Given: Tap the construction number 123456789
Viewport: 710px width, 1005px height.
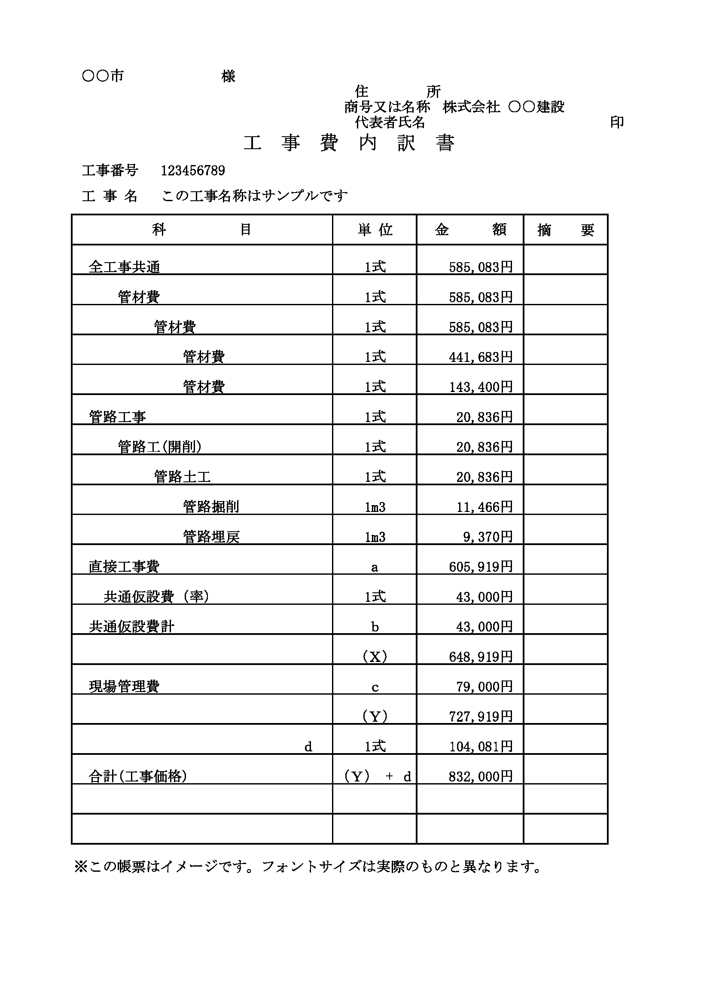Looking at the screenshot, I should click(x=193, y=171).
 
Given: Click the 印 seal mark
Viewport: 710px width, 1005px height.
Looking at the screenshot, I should click(x=617, y=123).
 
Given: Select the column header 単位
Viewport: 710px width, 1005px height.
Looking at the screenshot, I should click(x=375, y=230).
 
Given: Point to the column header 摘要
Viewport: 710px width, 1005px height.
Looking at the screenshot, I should click(x=565, y=230).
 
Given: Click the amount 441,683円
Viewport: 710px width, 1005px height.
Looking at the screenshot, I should click(x=480, y=357).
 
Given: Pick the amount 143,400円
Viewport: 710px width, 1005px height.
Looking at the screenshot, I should click(x=480, y=387).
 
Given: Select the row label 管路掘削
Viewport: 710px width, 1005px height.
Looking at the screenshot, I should click(x=211, y=507).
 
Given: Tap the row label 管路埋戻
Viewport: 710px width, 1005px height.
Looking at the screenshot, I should click(x=211, y=536).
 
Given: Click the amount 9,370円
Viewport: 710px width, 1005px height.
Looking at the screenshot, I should click(x=488, y=536).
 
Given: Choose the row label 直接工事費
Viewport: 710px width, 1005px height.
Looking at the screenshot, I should click(x=124, y=567).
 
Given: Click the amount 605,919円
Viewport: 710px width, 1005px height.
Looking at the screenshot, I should click(x=480, y=567).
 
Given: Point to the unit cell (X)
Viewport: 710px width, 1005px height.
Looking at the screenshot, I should click(x=375, y=656).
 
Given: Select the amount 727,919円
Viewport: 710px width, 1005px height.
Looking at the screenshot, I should click(x=480, y=717).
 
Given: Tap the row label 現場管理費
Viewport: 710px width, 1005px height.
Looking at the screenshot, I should click(x=124, y=687).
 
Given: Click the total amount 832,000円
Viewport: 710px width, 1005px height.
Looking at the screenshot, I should click(x=480, y=776).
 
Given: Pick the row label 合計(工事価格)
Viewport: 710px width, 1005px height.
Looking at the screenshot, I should click(x=138, y=776).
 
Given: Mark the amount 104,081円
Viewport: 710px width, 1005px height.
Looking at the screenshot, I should click(x=480, y=746).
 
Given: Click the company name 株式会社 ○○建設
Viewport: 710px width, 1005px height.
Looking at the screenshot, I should click(x=503, y=107).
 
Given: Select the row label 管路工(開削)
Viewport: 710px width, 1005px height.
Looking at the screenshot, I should click(x=160, y=447).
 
